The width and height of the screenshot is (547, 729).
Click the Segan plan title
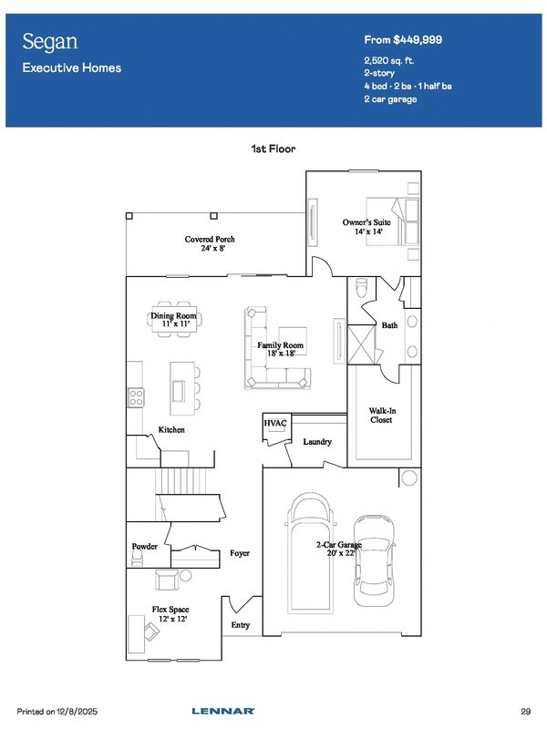point(50,42)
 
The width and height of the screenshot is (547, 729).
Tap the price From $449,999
point(403,40)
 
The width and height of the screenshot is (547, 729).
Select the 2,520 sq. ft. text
point(389,61)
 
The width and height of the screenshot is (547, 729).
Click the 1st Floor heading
point(273,149)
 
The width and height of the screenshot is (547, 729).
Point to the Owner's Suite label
point(366,226)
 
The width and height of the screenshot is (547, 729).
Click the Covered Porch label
point(210,243)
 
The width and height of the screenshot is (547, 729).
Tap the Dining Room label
point(173,320)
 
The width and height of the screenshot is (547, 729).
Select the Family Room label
point(281,349)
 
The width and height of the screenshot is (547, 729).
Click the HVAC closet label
point(275,423)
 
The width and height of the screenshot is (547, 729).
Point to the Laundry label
point(317,442)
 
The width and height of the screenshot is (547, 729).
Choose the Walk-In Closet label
point(382,416)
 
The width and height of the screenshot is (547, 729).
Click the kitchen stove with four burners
point(136,398)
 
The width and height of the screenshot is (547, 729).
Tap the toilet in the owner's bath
point(361,288)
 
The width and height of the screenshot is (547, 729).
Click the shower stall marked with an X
point(361,344)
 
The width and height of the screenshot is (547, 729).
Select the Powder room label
point(144,546)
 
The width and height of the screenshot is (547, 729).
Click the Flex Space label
point(170,613)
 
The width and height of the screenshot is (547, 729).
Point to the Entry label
point(241,625)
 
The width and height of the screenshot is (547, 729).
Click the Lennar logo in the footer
point(223,711)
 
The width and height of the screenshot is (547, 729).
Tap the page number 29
point(526,712)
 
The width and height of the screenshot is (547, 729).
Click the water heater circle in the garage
point(409,477)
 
